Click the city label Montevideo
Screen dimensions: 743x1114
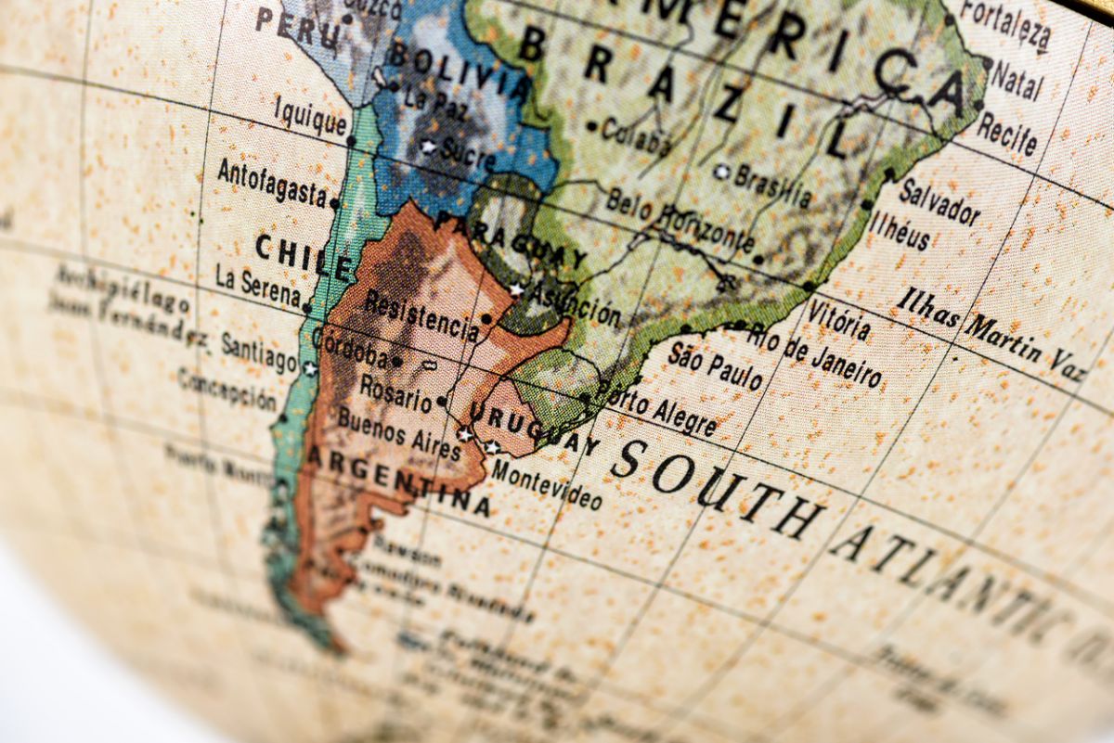pos(546,484)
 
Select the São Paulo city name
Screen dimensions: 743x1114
pos(714,365)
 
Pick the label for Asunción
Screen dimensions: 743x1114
pos(575,301)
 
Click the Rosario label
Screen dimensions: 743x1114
pos(395,392)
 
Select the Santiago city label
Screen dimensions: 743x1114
pos(258,352)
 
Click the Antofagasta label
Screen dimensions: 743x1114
pos(271,182)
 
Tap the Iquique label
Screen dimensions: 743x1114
pos(310,119)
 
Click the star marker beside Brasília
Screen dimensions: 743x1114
pos(721,171)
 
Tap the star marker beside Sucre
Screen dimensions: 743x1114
pos(428,147)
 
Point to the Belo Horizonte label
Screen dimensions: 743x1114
pos(680,220)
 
